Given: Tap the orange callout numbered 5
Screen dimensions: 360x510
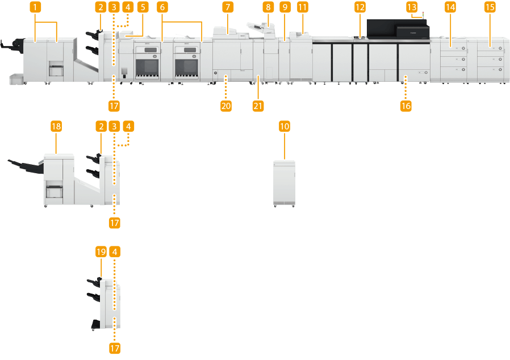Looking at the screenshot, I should pos(142,7).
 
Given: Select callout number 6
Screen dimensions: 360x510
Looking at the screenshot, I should pos(162,7).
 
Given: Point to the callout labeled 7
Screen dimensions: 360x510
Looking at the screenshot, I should pos(227,7).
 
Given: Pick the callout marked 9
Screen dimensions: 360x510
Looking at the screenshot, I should pos(285,7).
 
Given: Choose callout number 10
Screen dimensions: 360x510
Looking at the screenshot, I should pos(285,125).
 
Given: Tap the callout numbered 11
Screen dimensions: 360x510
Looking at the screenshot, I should pos(302,7).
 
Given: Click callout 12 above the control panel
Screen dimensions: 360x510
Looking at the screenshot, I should pos(359,7).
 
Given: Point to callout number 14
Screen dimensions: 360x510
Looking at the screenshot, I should pos(450,7).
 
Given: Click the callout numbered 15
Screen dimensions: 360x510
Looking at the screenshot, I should pos(490,7).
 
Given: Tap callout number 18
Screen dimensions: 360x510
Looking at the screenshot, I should pos(56,125).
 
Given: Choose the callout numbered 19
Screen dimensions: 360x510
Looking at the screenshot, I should pos(101,250).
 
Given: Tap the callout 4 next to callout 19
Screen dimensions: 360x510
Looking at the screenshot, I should pos(115,250).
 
